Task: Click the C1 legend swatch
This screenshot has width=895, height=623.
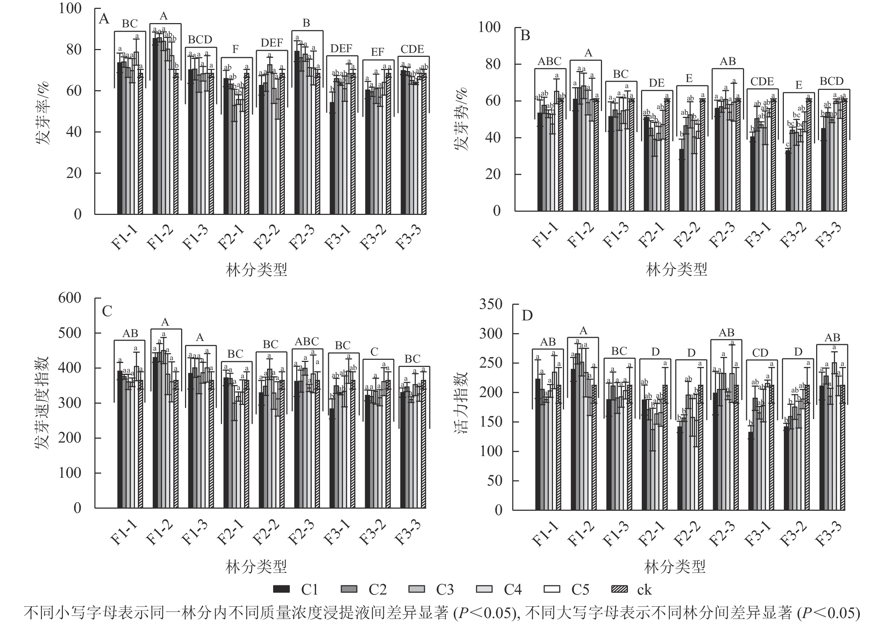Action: (x=281, y=589)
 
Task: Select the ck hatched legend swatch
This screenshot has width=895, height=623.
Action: (x=619, y=589)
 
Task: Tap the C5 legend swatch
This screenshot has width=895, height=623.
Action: (x=552, y=589)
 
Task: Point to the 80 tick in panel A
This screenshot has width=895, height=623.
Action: (x=73, y=49)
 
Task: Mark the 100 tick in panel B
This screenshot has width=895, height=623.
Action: (x=489, y=27)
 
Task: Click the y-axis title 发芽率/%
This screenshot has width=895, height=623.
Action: (x=43, y=113)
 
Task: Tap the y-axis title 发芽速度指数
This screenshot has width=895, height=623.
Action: (x=43, y=403)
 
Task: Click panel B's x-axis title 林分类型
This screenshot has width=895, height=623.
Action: (x=676, y=269)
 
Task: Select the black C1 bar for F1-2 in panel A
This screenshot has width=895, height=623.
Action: (x=155, y=126)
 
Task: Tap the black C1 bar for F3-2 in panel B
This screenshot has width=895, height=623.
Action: (x=788, y=181)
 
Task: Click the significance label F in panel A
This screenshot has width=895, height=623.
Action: (x=235, y=49)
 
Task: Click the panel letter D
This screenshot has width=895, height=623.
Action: (x=527, y=315)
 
